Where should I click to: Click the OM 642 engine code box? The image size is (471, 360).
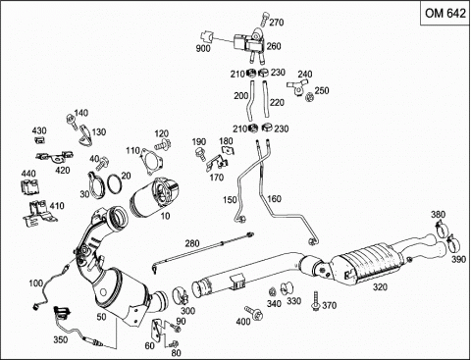[x=445, y=13]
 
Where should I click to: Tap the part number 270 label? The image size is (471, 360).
[x=277, y=23]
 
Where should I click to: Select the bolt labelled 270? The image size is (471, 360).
[x=264, y=19]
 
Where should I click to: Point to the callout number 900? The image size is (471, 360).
[x=203, y=49]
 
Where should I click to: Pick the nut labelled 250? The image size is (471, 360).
[x=308, y=97]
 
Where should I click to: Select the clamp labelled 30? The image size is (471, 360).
[x=96, y=185]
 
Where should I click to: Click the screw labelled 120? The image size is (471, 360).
[x=163, y=144]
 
